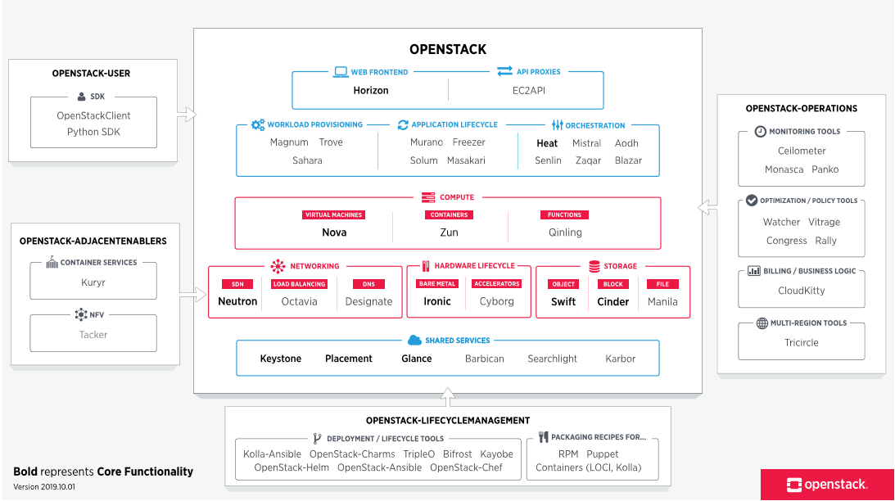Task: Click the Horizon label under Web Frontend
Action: pyautogui.click(x=371, y=90)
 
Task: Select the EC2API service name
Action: pyautogui.click(x=528, y=90)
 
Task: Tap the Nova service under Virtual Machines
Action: pyautogui.click(x=334, y=232)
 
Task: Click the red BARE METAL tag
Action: pyautogui.click(x=437, y=284)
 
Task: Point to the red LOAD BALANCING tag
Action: pyautogui.click(x=300, y=284)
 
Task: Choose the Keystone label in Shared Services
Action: pyautogui.click(x=281, y=359)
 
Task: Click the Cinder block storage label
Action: pyautogui.click(x=613, y=301)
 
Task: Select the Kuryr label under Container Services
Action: pyautogui.click(x=93, y=282)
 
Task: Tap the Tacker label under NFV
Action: pyautogui.click(x=93, y=334)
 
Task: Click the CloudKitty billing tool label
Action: pyautogui.click(x=802, y=291)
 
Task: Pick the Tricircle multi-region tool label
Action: pyautogui.click(x=802, y=342)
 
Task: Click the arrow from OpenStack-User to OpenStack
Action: pyautogui.click(x=187, y=114)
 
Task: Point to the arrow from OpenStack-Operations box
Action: pyautogui.click(x=707, y=208)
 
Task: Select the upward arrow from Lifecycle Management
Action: pyautogui.click(x=447, y=398)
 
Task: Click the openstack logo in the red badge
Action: pyautogui.click(x=826, y=485)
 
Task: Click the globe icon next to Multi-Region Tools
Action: pyautogui.click(x=762, y=323)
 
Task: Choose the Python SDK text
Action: pyautogui.click(x=93, y=132)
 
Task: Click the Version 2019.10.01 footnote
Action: pyautogui.click(x=44, y=487)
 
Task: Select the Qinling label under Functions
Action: pyautogui.click(x=565, y=232)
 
